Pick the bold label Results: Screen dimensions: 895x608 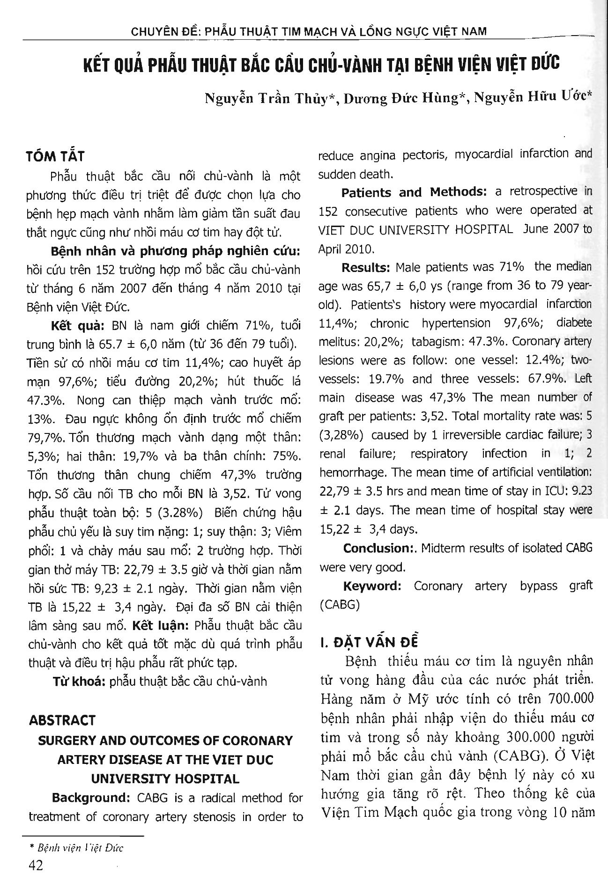point(366,267)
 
